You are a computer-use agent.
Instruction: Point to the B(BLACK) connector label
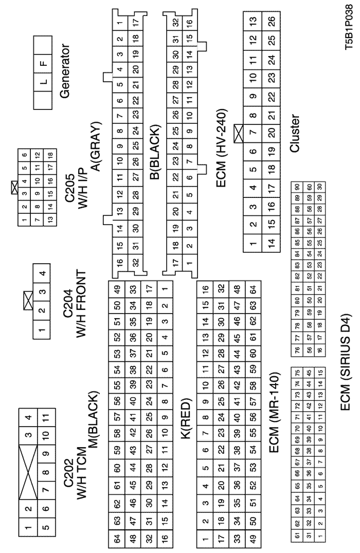click(152, 148)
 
